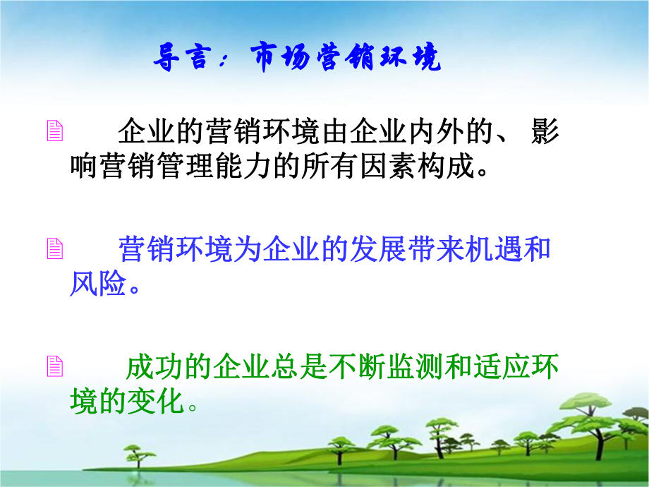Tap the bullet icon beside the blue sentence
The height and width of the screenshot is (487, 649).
click(x=54, y=249)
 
